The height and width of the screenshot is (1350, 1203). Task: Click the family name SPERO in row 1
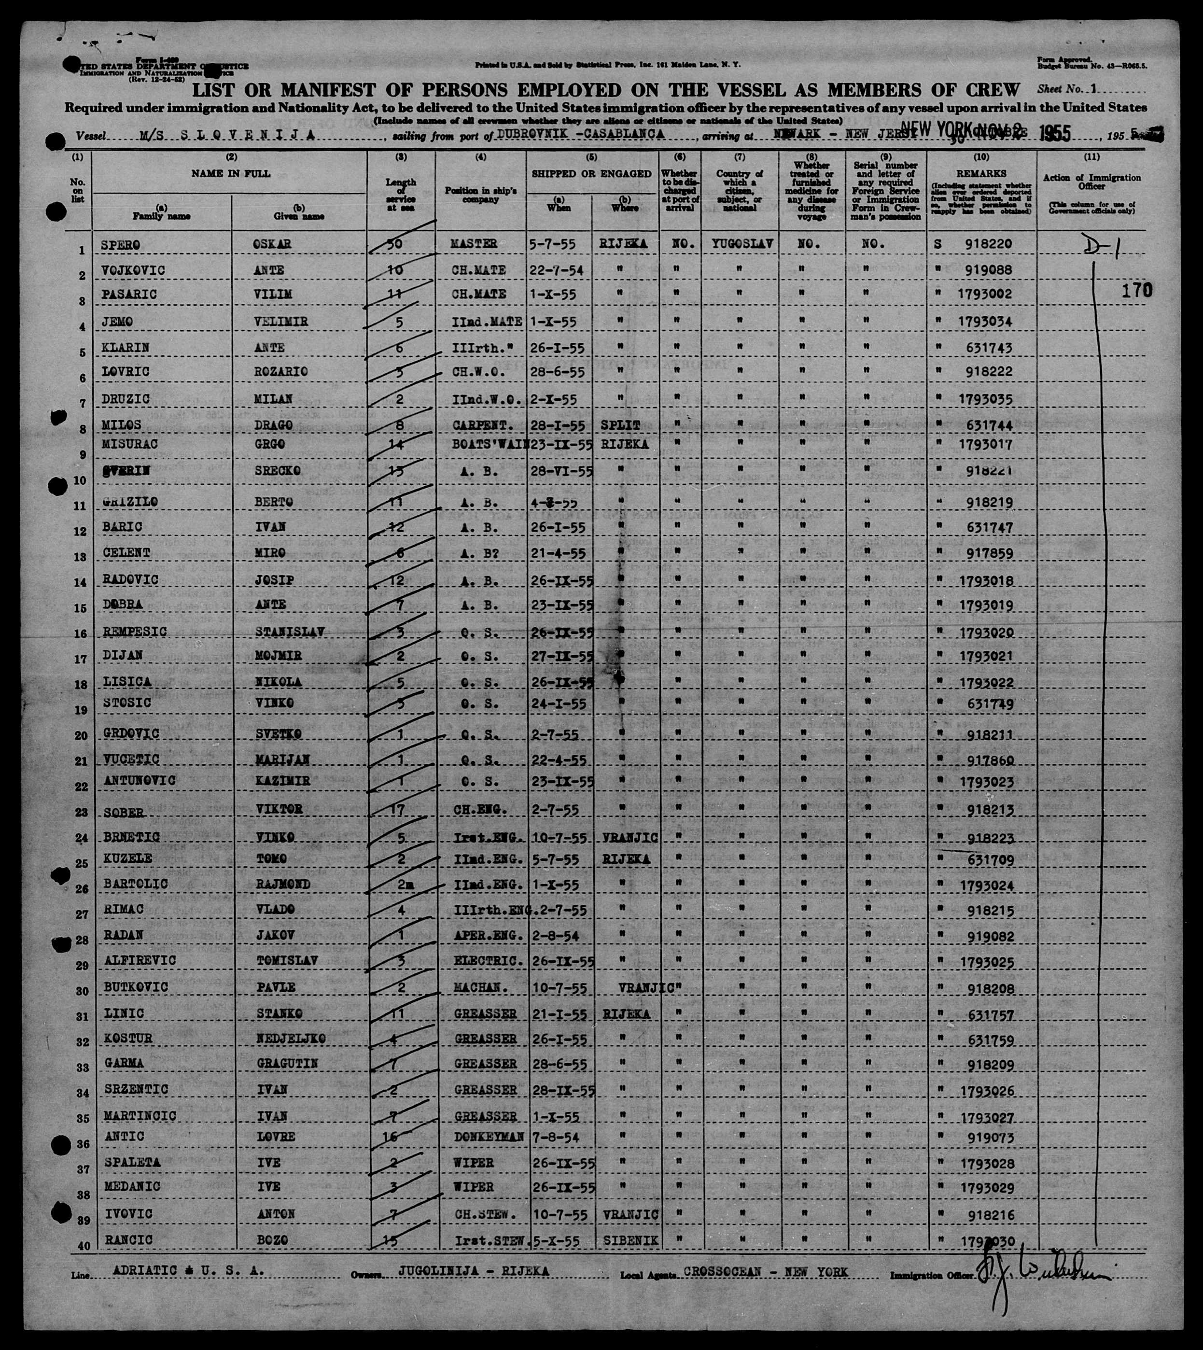pos(120,245)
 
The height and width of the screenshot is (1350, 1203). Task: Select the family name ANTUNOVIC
pos(140,781)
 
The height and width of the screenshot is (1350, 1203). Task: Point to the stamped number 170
pos(1136,290)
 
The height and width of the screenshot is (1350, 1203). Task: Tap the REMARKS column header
pos(981,173)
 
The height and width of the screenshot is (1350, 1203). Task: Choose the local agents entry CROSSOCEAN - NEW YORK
pos(766,1272)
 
